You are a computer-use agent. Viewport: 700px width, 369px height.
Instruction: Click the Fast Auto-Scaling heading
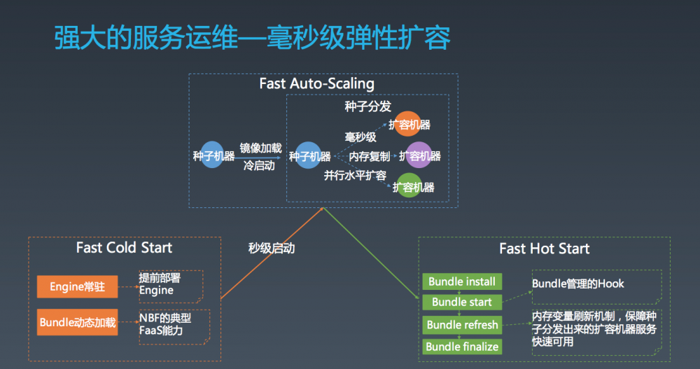click(x=316, y=84)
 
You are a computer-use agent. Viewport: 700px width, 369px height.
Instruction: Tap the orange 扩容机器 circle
click(x=408, y=125)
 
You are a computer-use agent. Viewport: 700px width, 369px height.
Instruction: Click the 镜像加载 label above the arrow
click(x=260, y=148)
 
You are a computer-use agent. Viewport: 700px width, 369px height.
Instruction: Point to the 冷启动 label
click(x=259, y=166)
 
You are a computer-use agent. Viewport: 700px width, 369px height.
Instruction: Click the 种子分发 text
click(x=367, y=106)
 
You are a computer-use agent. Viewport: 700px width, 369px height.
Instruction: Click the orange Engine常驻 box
click(x=77, y=286)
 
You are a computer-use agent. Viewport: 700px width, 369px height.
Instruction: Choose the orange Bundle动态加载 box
click(x=77, y=323)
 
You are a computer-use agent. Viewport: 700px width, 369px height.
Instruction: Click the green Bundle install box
click(x=462, y=281)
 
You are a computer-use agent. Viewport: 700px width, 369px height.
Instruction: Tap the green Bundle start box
click(x=462, y=302)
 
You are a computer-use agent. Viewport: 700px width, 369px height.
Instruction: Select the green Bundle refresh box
click(x=462, y=325)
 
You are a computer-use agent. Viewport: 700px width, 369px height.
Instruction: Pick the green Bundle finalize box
click(x=462, y=347)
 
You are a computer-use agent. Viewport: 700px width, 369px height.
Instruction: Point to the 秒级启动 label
click(x=272, y=248)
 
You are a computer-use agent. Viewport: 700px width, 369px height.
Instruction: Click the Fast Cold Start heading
click(x=124, y=248)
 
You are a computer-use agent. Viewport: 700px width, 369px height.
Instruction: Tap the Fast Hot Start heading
click(x=544, y=249)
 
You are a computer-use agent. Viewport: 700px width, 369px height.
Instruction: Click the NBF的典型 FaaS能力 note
click(x=165, y=323)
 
